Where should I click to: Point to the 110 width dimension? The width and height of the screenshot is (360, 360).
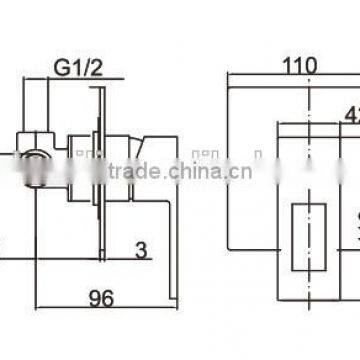click(298, 67)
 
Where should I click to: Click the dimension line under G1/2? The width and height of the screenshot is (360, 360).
click(76, 85)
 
